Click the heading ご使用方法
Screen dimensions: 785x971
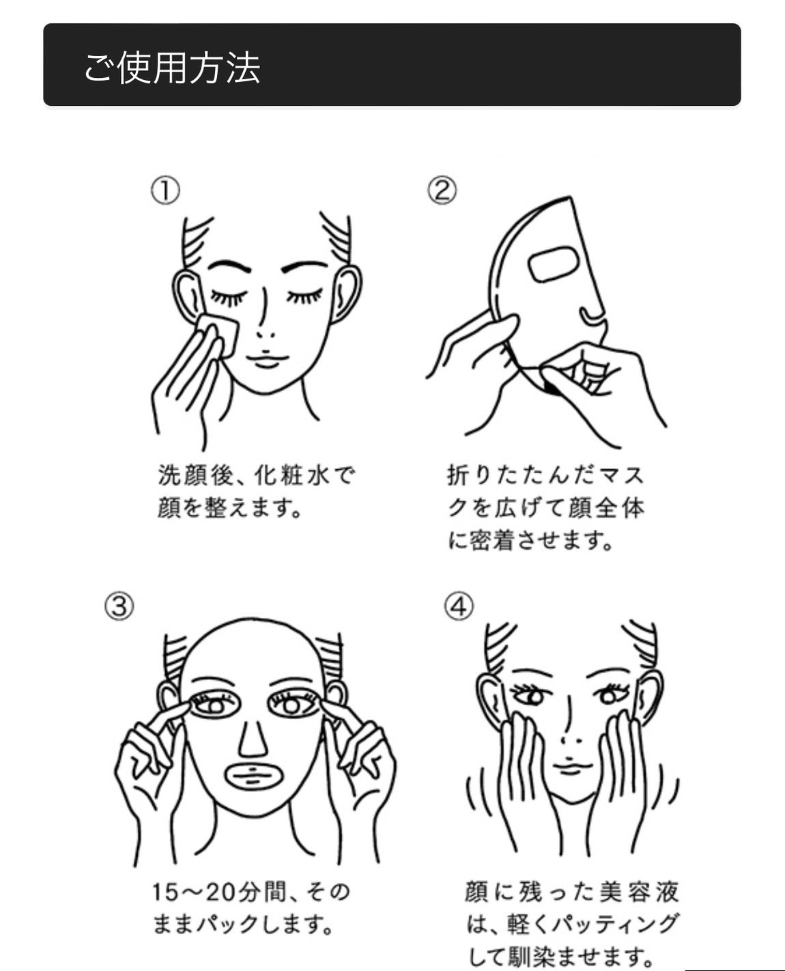172,68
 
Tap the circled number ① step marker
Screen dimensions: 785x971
165,191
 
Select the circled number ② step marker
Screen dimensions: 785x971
442,191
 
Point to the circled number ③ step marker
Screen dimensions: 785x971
119,606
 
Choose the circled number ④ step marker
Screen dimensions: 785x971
459,606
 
